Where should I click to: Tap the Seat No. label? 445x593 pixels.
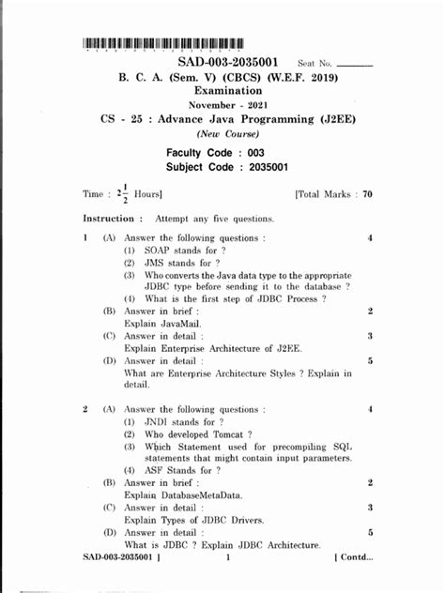(315, 63)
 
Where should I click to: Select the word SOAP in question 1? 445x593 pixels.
(155, 251)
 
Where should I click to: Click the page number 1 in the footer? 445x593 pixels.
(228, 556)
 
